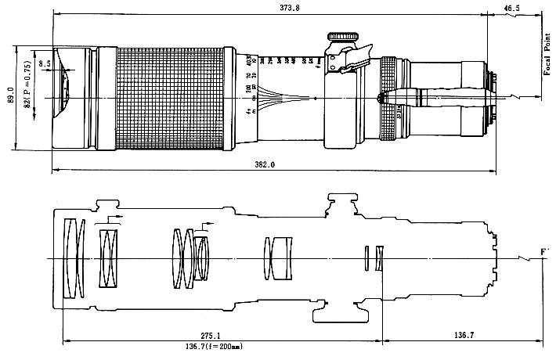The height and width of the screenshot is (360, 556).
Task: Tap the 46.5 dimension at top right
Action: point(512,8)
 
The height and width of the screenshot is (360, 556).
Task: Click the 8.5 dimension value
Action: point(45,63)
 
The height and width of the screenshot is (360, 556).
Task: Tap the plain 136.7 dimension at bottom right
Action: point(463,335)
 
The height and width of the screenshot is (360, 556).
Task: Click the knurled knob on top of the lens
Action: point(342,36)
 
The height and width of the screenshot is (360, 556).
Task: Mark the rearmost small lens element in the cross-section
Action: point(379,258)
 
